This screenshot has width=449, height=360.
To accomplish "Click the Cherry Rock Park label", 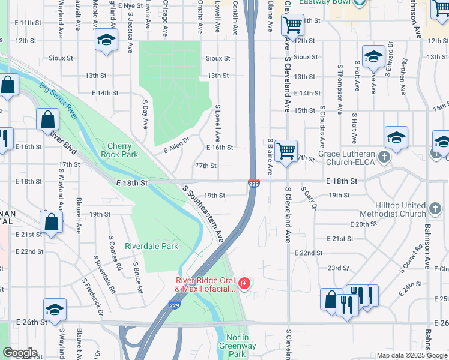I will click(x=123, y=150).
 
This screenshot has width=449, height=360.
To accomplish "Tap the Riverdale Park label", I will click(x=151, y=246).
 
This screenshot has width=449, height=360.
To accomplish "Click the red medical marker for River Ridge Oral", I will click(x=244, y=283).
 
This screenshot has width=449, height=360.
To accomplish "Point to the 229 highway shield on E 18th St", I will click(x=254, y=184).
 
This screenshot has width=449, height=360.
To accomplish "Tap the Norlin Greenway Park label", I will click(x=241, y=346).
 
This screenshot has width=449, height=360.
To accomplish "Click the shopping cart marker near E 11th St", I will click(x=294, y=25).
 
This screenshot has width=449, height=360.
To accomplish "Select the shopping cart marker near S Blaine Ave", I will click(x=287, y=150).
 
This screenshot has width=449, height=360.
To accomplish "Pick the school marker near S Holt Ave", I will click(x=373, y=57).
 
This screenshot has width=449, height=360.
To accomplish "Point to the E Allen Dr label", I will click(x=176, y=145).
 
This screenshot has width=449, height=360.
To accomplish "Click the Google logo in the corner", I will click(x=20, y=352).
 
